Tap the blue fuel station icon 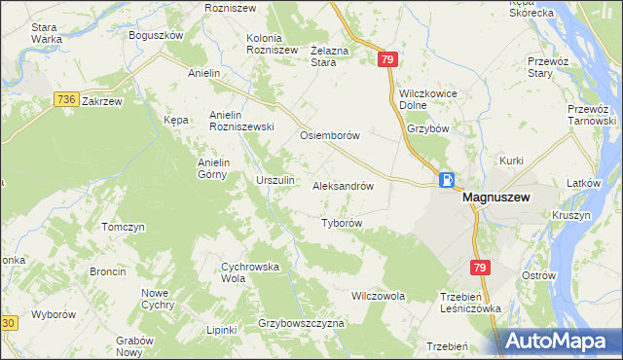(446, 180)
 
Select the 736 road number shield (66, 99)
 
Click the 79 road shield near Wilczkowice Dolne (388, 60)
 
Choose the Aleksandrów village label (343, 185)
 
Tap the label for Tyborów (342, 223)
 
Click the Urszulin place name (275, 181)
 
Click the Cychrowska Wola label (251, 270)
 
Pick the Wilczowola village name (378, 295)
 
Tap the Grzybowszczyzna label (302, 323)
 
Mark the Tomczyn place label (124, 227)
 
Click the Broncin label (107, 271)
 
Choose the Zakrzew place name (101, 100)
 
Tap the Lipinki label (222, 330)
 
